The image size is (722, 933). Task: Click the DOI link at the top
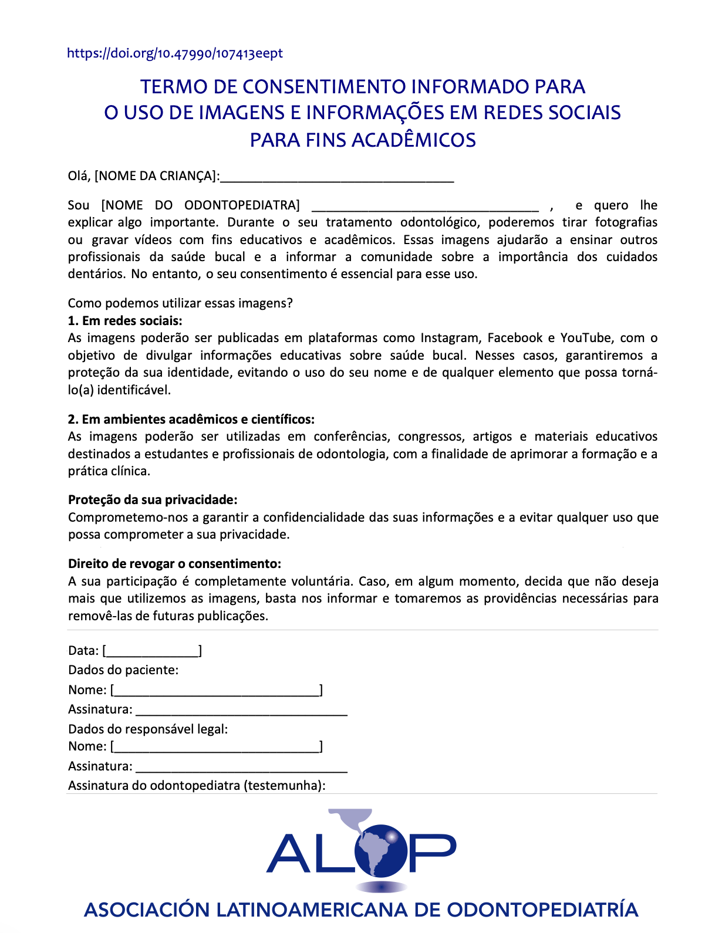tap(174, 53)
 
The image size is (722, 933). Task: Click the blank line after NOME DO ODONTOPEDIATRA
tap(424, 207)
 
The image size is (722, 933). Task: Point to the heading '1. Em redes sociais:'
tap(125, 321)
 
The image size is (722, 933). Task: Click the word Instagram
tap(450, 338)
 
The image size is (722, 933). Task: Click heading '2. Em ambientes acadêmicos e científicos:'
tap(191, 420)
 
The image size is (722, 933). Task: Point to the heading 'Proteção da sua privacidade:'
tap(153, 500)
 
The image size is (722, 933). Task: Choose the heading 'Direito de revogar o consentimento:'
tap(174, 564)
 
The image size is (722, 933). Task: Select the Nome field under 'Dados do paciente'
tap(216, 691)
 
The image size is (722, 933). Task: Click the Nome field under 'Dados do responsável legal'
tap(216, 747)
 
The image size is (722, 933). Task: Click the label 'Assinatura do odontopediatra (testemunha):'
tap(197, 786)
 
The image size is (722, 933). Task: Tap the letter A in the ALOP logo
tap(289, 854)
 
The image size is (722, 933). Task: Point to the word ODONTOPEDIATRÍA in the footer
tap(542, 910)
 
